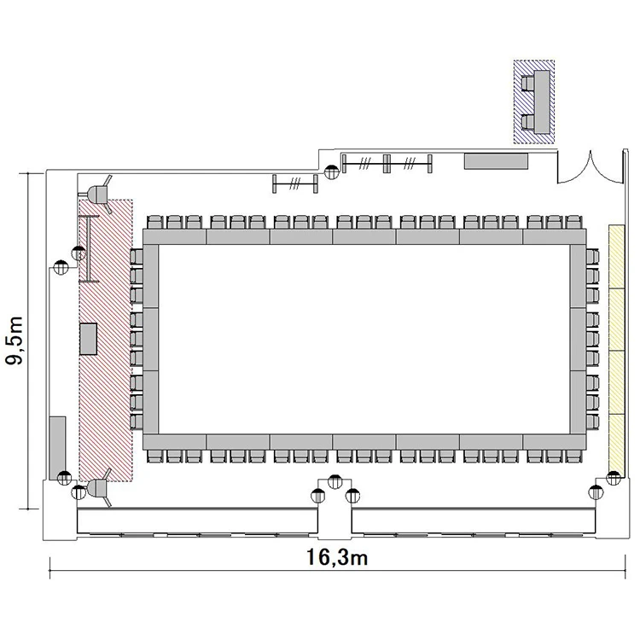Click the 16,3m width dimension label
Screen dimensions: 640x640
coord(337,557)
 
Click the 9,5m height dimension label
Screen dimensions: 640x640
coord(15,340)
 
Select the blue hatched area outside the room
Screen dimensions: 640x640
coord(534,102)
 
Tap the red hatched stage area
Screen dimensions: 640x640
coord(106,340)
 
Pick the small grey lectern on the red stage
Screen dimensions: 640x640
coord(88,339)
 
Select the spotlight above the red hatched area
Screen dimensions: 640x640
coord(99,194)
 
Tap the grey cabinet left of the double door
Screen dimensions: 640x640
coord(496,160)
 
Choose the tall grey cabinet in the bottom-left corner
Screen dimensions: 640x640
coord(57,448)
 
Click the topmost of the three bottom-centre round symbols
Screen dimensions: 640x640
coord(335,482)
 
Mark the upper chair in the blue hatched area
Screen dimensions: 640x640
coord(527,84)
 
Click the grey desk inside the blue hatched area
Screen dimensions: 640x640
coord(541,102)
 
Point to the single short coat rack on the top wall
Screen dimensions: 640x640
coord(295,183)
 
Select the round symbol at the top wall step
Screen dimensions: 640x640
coord(331,172)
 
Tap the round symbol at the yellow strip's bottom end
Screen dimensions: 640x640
coord(613,478)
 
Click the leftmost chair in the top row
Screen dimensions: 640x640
coord(154,223)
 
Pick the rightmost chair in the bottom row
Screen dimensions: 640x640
coord(573,456)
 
